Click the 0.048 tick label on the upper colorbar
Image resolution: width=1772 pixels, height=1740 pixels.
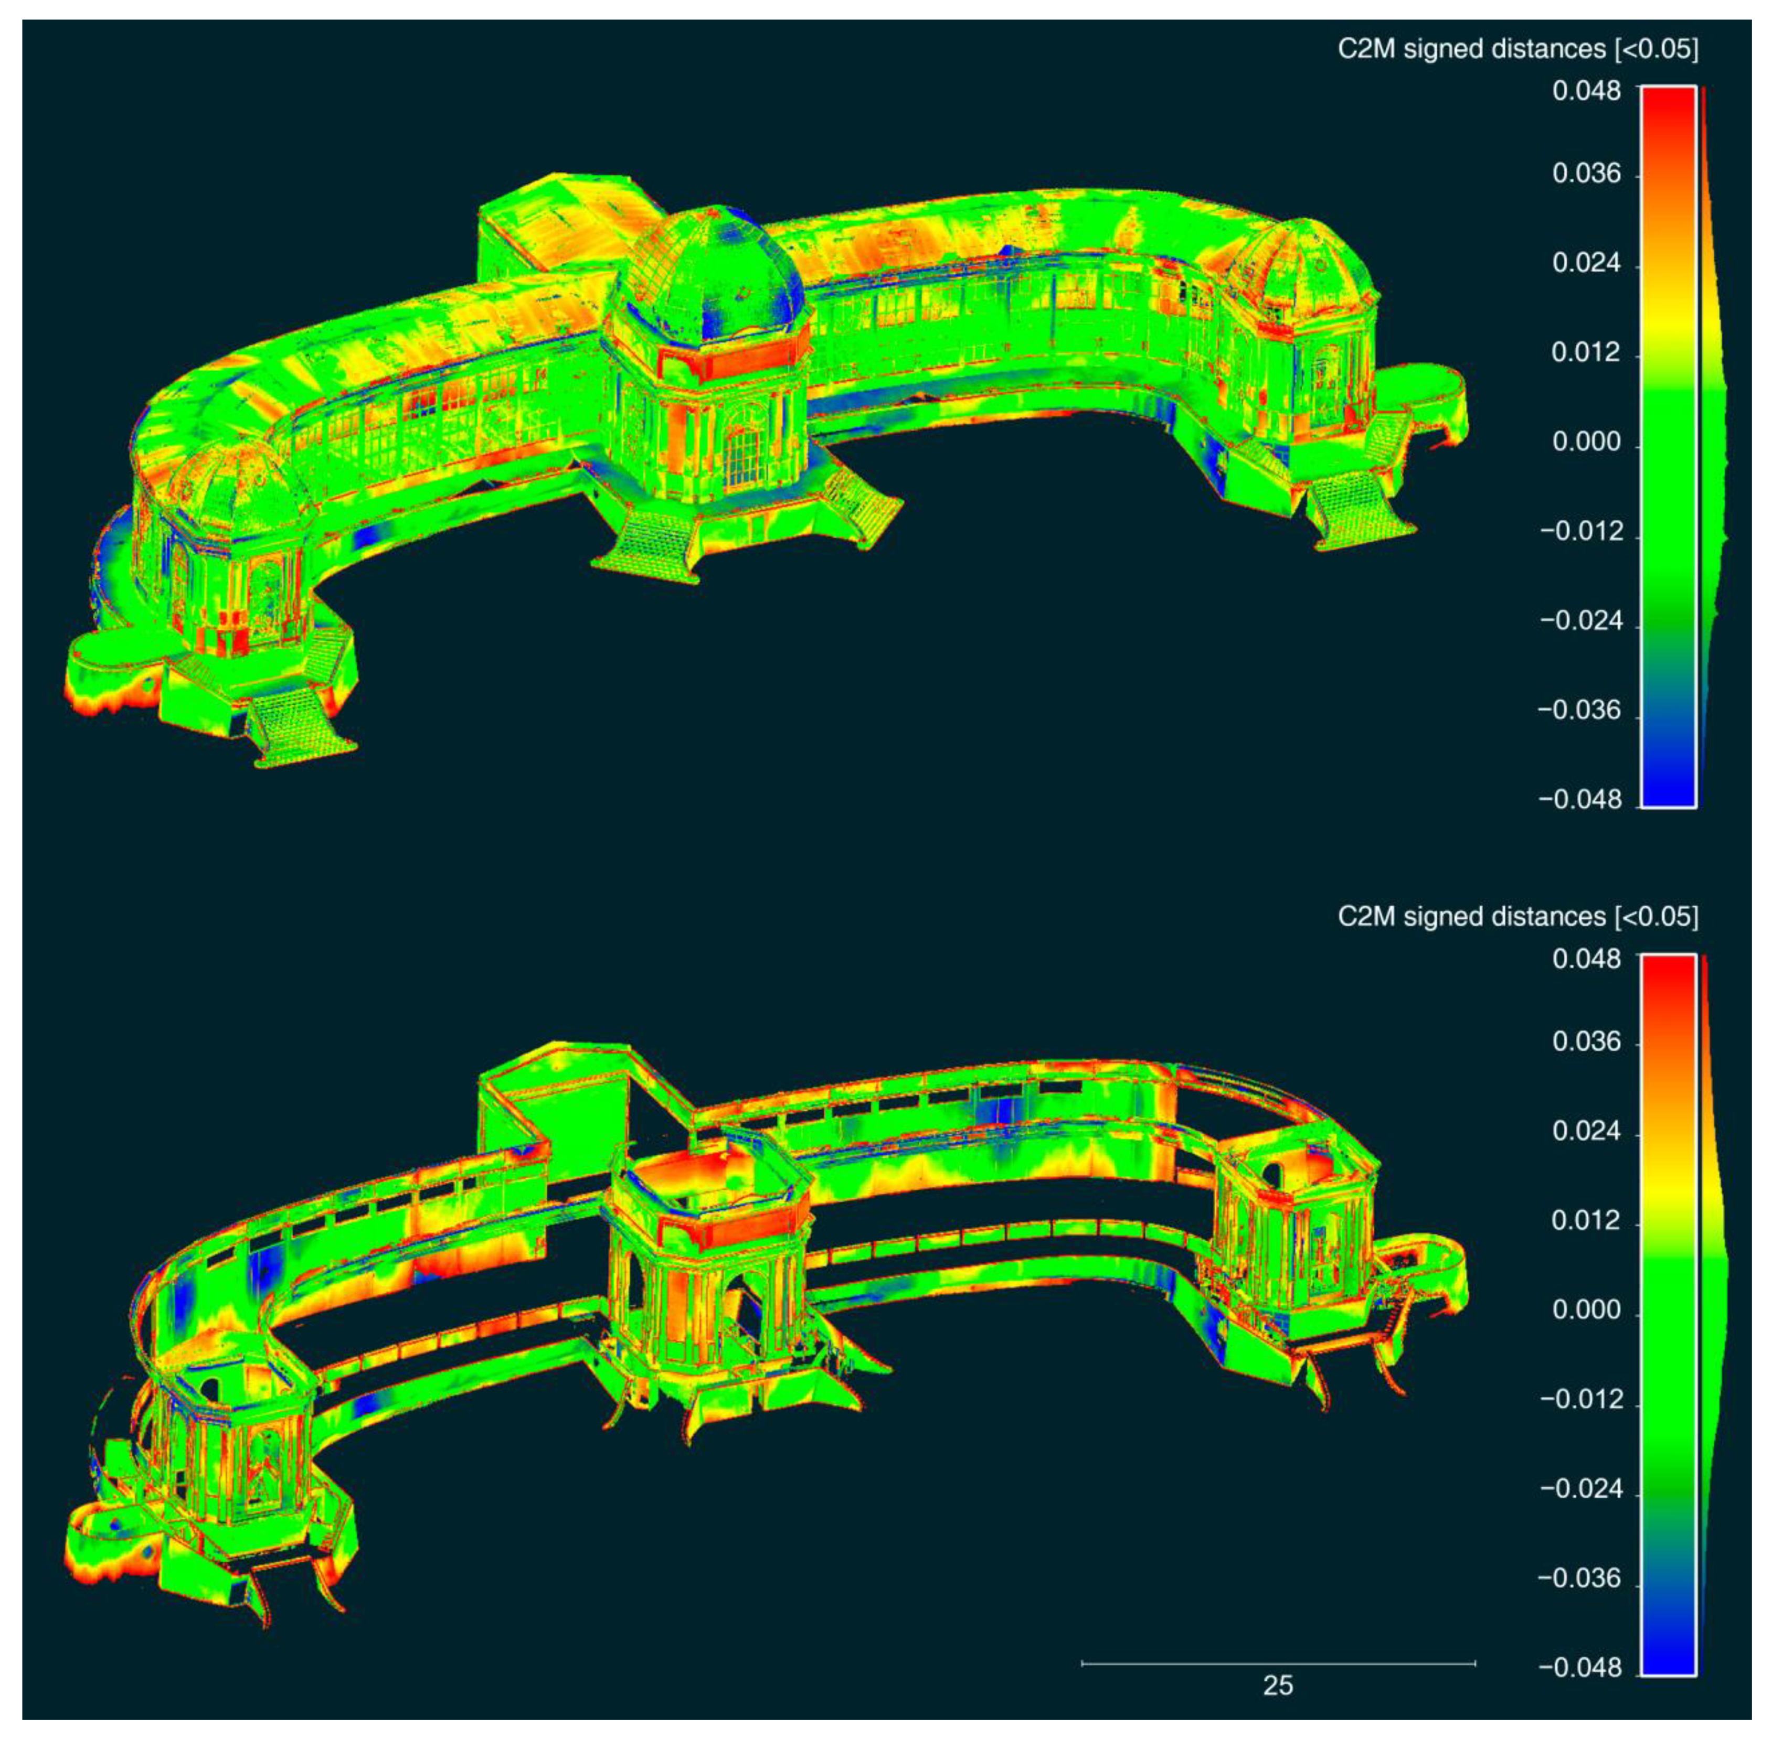[1586, 91]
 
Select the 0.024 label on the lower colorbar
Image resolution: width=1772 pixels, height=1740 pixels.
[1586, 1131]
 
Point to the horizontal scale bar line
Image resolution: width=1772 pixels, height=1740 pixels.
[1278, 1663]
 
